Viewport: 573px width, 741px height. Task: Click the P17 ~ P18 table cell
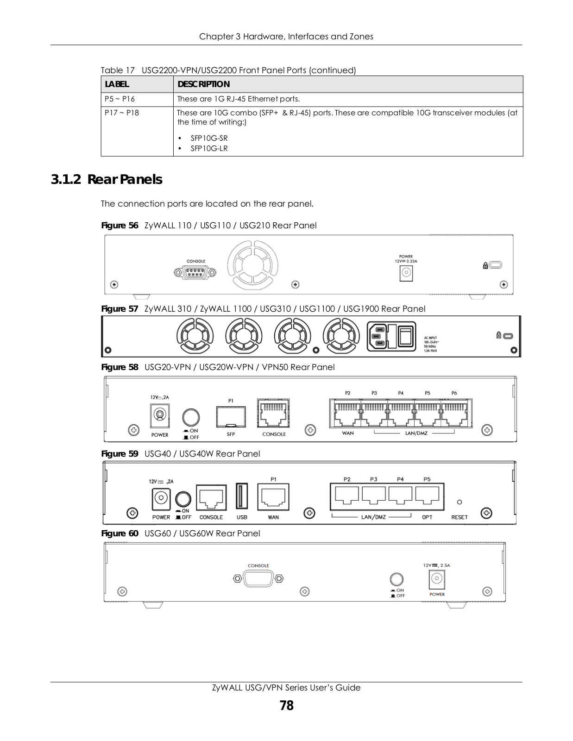pyautogui.click(x=122, y=113)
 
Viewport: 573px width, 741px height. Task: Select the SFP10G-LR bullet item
pyautogui.click(x=209, y=148)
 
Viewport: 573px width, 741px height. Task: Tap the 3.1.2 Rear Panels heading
pyautogui.click(x=107, y=180)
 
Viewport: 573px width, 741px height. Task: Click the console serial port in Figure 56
pyautogui.click(x=195, y=272)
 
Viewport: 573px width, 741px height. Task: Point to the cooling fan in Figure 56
pyautogui.click(x=252, y=265)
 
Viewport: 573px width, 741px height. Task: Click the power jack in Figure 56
pyautogui.click(x=406, y=273)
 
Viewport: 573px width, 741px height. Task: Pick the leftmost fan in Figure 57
pyautogui.click(x=195, y=337)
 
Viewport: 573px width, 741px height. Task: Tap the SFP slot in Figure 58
pyautogui.click(x=231, y=417)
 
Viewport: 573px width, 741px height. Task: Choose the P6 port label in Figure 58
pyautogui.click(x=454, y=393)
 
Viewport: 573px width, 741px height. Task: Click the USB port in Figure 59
pyautogui.click(x=242, y=496)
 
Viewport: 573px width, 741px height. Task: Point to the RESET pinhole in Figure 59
pyautogui.click(x=459, y=502)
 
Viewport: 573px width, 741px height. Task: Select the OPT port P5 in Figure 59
pyautogui.click(x=428, y=496)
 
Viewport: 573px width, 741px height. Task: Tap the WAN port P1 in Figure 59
pyautogui.click(x=273, y=497)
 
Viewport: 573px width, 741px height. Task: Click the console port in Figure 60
pyautogui.click(x=258, y=578)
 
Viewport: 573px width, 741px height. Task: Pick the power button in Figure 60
pyautogui.click(x=397, y=579)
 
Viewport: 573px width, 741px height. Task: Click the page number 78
pyautogui.click(x=286, y=705)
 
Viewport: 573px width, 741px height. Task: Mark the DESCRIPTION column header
pyautogui.click(x=203, y=84)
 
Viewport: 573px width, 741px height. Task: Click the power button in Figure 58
pyautogui.click(x=191, y=417)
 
